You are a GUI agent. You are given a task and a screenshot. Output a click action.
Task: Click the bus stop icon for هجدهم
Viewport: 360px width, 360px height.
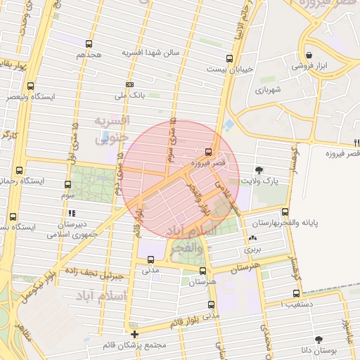[x=91, y=41]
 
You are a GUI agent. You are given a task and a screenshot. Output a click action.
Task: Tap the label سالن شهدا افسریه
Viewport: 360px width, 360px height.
[x=151, y=53]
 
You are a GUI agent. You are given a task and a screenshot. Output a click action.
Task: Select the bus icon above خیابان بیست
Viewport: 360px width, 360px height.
[x=229, y=59]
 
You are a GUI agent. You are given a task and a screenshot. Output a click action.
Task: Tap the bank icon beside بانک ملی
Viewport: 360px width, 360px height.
[x=129, y=84]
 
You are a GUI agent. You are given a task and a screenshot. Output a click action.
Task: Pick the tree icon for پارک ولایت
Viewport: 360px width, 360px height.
[x=259, y=170]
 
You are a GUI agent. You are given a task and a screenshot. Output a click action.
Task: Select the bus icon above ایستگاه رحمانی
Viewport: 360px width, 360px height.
[x=19, y=170]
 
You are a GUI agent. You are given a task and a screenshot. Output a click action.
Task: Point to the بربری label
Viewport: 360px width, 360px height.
[x=252, y=249]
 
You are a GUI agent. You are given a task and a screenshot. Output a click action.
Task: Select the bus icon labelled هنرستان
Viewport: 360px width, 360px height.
[x=203, y=271]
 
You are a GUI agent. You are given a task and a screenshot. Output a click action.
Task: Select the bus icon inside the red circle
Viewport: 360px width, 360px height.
[x=207, y=151]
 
